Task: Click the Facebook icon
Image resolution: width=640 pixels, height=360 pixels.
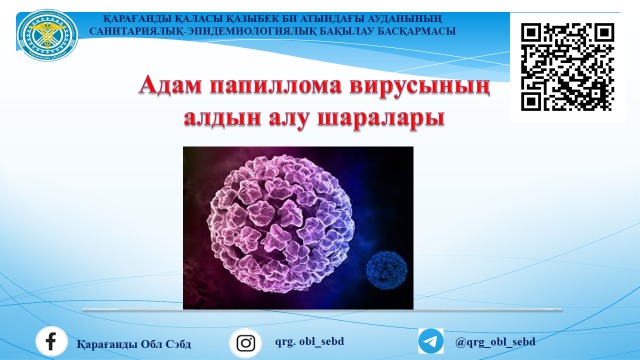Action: tap(51, 342)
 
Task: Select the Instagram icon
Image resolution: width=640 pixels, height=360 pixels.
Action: tap(245, 342)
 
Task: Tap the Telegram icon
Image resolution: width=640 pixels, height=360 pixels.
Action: tap(431, 342)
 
